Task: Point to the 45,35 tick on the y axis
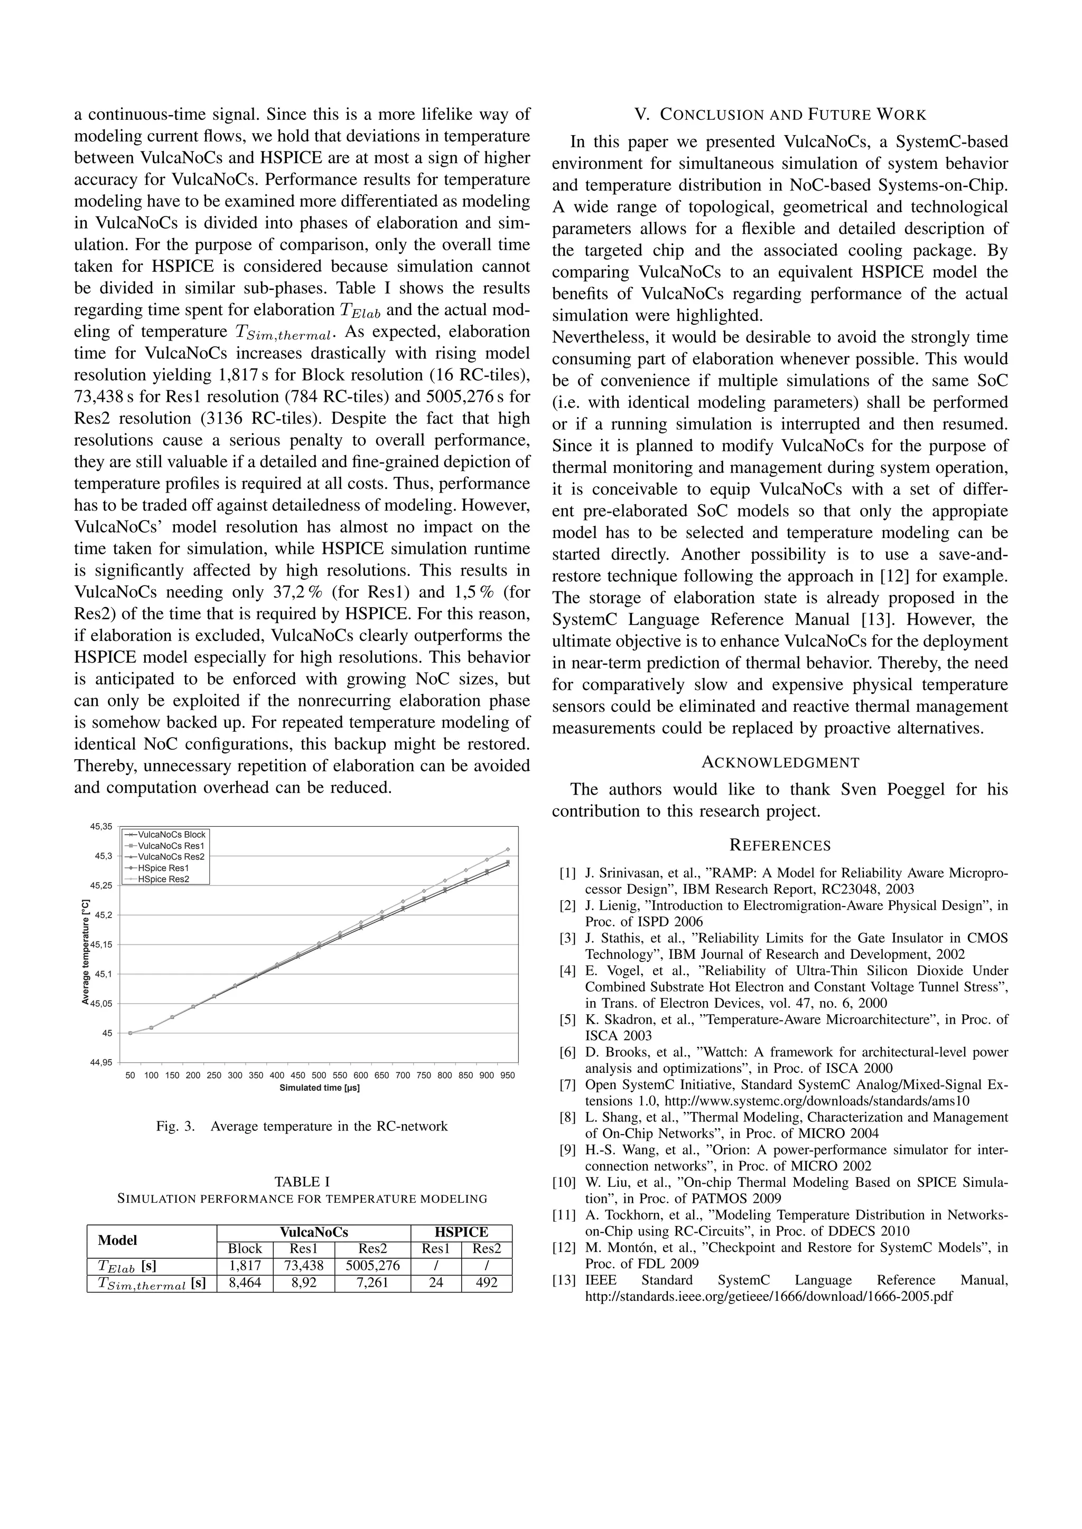[102, 826]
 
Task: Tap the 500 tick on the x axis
[319, 1075]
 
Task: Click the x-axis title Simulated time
[319, 1088]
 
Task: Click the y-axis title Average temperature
[85, 953]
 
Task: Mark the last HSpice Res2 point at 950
[508, 849]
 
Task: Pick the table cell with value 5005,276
[372, 1266]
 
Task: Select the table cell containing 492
[487, 1282]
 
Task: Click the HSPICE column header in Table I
[461, 1232]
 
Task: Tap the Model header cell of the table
[117, 1240]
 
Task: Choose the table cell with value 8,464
[245, 1282]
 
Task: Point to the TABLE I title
[302, 1182]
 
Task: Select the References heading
[780, 846]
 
